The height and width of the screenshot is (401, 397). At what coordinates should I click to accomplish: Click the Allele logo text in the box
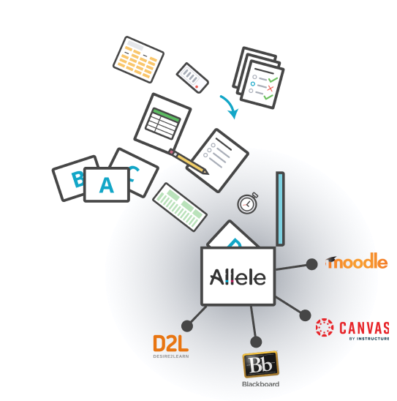[238, 277]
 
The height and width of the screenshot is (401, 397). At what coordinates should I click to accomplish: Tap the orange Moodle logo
[357, 261]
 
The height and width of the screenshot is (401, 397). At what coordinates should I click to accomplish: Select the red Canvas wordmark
[364, 328]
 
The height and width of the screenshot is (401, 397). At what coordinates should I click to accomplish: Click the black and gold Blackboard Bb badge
[260, 364]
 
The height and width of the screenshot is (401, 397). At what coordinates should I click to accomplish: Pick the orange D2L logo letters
[170, 343]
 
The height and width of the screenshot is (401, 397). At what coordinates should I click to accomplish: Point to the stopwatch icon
[248, 203]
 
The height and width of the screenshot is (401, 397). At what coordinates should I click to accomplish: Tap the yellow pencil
[189, 162]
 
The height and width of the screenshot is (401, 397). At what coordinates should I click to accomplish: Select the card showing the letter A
[107, 184]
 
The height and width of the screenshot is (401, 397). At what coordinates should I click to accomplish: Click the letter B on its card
[77, 179]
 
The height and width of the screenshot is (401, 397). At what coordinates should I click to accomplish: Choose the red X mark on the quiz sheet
[270, 89]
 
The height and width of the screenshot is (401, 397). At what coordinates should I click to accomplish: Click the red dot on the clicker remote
[197, 87]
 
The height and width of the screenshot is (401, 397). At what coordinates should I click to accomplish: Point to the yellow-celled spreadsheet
[138, 59]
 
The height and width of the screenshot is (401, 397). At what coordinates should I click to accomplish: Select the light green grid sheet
[180, 207]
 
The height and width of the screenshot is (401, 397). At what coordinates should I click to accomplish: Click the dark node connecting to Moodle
[311, 264]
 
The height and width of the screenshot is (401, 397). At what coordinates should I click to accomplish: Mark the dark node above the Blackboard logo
[256, 342]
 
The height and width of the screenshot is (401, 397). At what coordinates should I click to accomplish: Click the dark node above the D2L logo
[187, 326]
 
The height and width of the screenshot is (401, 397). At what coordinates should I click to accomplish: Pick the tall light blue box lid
[280, 209]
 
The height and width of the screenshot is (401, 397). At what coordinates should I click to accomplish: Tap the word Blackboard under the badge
[260, 384]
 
